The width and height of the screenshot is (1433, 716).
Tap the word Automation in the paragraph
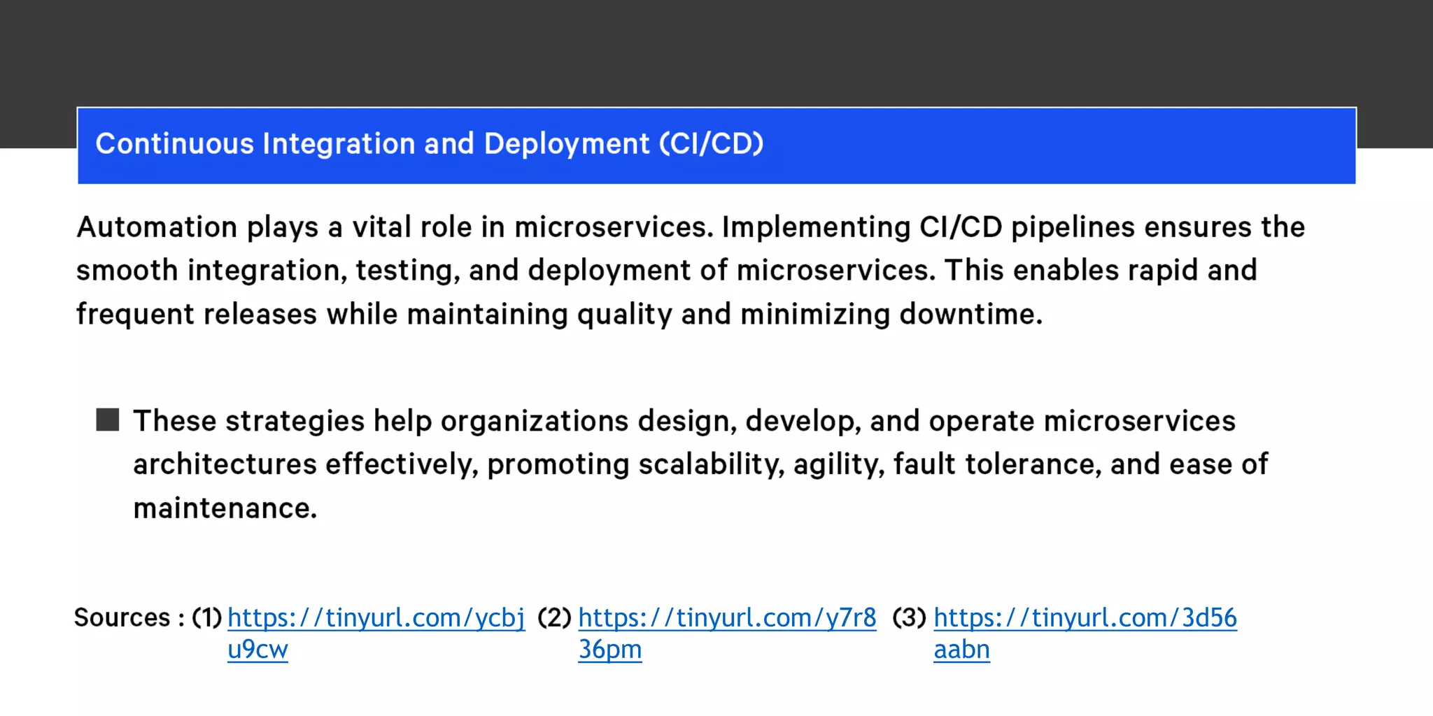pos(157,227)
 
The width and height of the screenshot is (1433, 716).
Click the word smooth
pos(127,271)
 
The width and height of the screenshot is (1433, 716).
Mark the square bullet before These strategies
pos(108,420)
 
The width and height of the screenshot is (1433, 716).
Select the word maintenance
pos(225,508)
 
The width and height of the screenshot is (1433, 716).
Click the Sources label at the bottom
pos(122,617)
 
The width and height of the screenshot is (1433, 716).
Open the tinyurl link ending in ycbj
pos(376,618)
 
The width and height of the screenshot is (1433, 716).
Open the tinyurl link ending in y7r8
pos(727,618)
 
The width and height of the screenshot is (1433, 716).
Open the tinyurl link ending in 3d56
pos(1085,618)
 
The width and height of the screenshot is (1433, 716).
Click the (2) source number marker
pos(554,618)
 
